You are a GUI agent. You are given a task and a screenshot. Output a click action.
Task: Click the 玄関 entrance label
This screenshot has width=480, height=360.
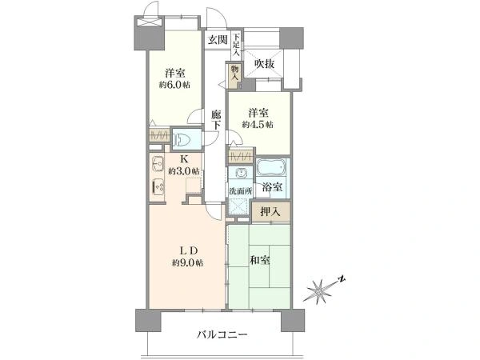(218, 40)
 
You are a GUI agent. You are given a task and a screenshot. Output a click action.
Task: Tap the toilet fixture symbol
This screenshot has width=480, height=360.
(182, 140)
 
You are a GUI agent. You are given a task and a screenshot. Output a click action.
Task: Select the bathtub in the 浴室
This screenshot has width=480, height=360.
(271, 168)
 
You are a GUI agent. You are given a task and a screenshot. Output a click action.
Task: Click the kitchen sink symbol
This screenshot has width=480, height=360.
(157, 164)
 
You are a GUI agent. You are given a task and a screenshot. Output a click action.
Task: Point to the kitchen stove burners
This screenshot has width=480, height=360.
(158, 186)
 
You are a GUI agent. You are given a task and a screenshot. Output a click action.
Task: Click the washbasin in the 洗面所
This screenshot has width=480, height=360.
(240, 174)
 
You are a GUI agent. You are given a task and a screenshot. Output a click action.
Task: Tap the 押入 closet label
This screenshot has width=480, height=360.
(270, 211)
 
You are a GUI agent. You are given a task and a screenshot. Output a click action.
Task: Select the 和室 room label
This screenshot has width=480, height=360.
(260, 261)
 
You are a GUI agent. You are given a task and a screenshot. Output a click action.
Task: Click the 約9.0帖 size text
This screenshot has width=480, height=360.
(187, 262)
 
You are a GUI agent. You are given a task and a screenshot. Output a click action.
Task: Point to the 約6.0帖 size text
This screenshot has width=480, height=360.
(174, 85)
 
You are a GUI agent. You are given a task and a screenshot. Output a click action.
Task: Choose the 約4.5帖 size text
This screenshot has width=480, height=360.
(258, 125)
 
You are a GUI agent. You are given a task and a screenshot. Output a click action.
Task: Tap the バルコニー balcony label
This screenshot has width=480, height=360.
(222, 334)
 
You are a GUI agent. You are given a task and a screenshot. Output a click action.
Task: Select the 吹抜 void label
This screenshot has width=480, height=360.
(265, 64)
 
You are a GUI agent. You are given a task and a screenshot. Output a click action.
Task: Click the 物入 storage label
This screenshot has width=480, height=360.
(234, 73)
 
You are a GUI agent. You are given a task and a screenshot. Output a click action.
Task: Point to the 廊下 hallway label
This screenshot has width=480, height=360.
(216, 120)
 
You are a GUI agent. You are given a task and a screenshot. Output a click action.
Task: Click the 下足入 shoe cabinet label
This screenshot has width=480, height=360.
(236, 45)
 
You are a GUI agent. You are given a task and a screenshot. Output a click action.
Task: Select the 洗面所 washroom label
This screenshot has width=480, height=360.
(241, 191)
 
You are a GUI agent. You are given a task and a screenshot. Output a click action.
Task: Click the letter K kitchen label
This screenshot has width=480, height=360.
(184, 159)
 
